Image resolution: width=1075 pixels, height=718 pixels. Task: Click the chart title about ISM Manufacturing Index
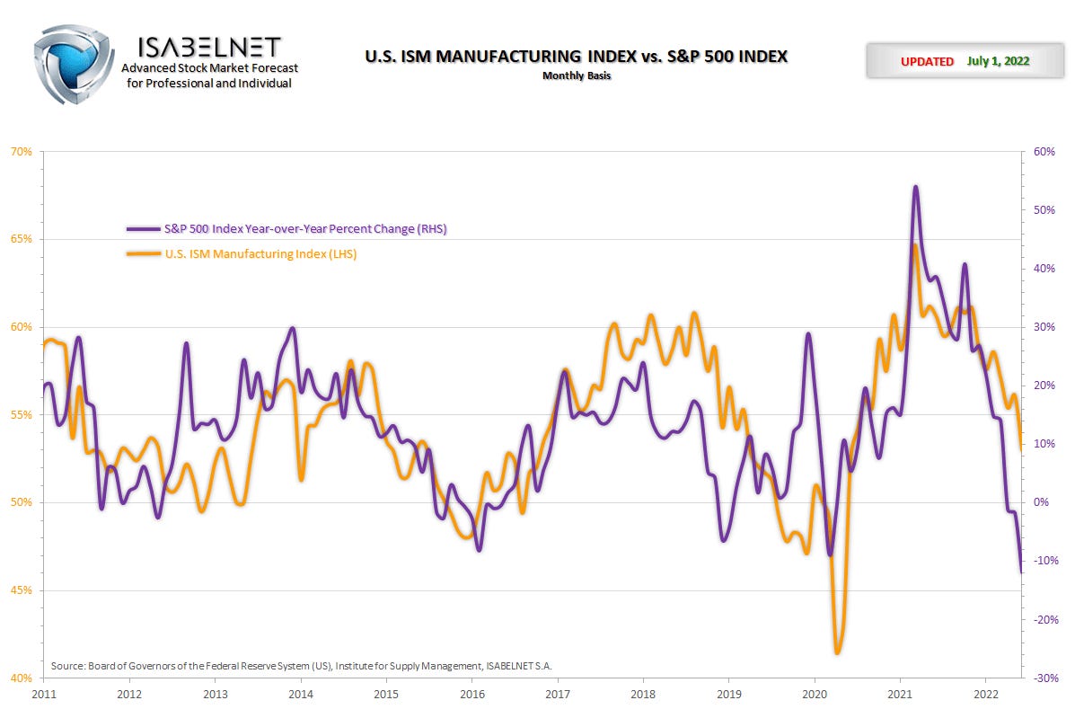coord(576,56)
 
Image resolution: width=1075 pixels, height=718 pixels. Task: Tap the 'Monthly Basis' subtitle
coord(576,75)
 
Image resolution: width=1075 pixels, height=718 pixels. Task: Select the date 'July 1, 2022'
coord(998,61)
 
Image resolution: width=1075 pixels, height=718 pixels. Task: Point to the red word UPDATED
coord(927,61)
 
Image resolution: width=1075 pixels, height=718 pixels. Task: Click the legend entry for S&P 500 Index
coord(304,228)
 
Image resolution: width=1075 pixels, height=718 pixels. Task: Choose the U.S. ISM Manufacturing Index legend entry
coord(260,253)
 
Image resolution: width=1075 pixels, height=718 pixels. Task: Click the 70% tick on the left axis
coord(21,152)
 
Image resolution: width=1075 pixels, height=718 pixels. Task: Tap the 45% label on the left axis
coord(21,590)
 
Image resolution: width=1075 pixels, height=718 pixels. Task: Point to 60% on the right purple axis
coord(1044,152)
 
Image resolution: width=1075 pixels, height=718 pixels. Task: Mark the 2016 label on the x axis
coord(472,694)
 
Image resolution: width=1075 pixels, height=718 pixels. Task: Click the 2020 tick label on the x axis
coord(815,694)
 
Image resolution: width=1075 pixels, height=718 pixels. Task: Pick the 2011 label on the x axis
coord(44,694)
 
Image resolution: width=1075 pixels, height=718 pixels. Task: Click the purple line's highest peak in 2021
coord(915,187)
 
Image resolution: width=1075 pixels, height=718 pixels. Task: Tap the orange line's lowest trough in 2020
coord(837,652)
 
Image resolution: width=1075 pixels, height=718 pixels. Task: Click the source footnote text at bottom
coord(301,666)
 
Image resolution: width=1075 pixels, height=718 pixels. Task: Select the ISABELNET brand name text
coord(210,46)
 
